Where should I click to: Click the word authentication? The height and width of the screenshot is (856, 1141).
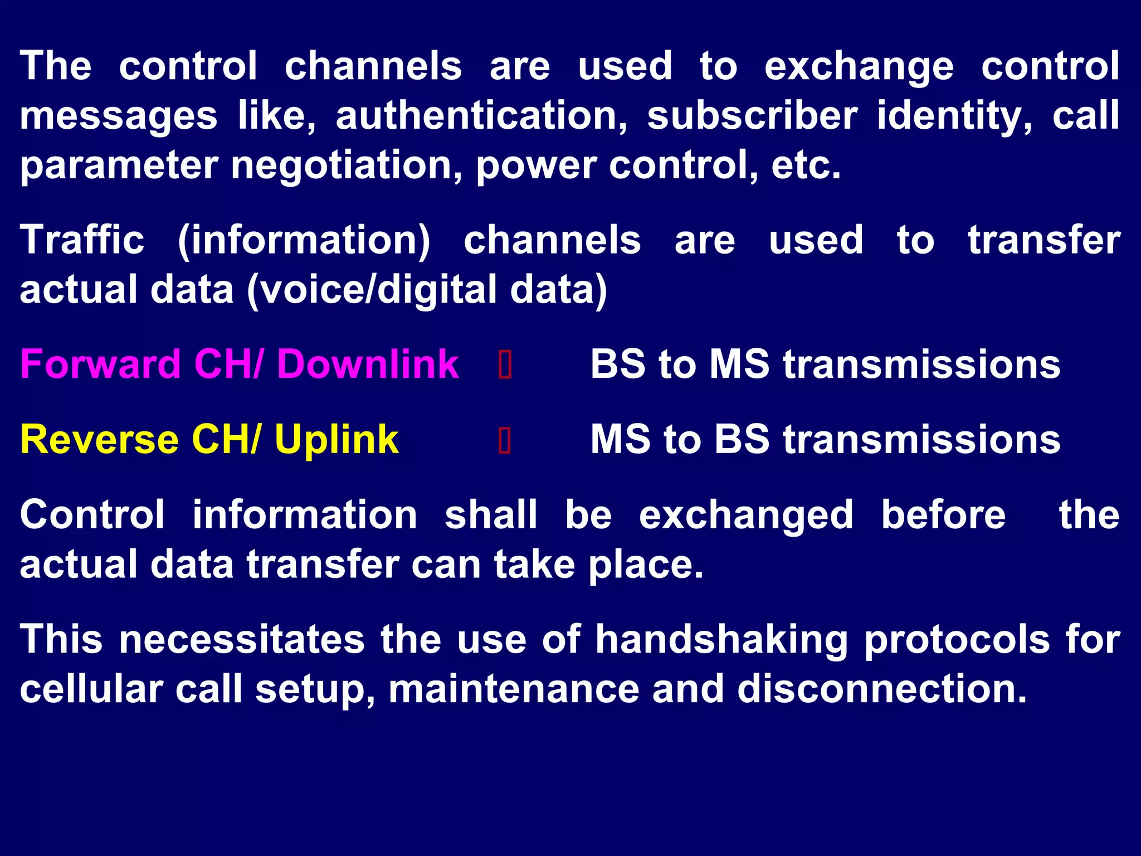tap(482, 116)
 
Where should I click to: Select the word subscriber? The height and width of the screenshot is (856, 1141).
tap(752, 116)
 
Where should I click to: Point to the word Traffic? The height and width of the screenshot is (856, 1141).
tap(82, 240)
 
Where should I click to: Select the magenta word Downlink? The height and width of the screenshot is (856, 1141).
tap(368, 364)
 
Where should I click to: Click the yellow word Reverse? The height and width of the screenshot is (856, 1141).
tap(99, 440)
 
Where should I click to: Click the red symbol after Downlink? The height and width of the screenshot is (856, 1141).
tap(505, 366)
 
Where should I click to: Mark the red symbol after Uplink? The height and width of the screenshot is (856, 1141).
tap(505, 441)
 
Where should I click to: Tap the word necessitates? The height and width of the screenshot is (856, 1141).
tap(242, 640)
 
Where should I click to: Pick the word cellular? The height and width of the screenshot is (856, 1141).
tap(91, 689)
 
